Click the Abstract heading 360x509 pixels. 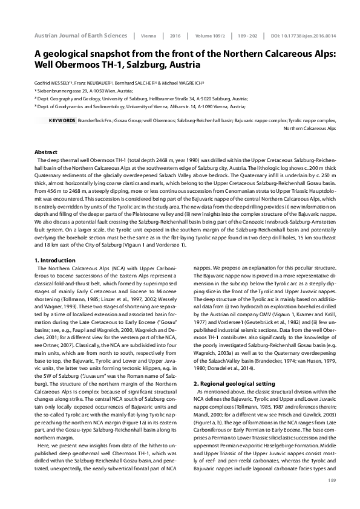[46, 151]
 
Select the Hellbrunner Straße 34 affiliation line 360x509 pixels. [142, 97]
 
